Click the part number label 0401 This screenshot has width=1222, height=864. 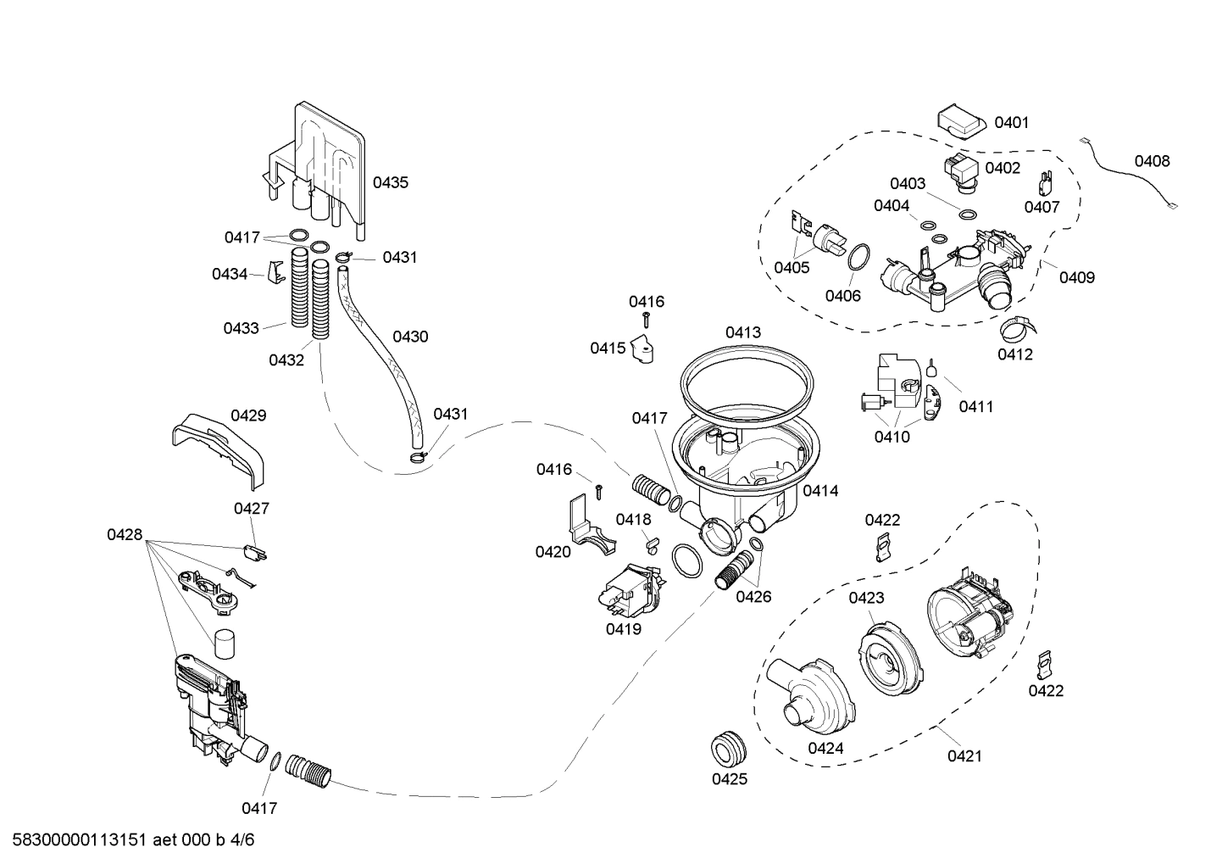coord(1011,123)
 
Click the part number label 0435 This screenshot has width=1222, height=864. coord(391,182)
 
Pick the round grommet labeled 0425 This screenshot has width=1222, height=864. coord(729,747)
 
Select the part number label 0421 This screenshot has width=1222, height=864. coord(964,755)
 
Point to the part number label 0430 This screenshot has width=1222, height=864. coord(410,337)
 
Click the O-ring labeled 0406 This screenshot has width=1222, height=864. coord(858,256)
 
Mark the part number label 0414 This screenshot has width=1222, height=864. coord(819,490)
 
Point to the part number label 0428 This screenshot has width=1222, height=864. coord(125,534)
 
